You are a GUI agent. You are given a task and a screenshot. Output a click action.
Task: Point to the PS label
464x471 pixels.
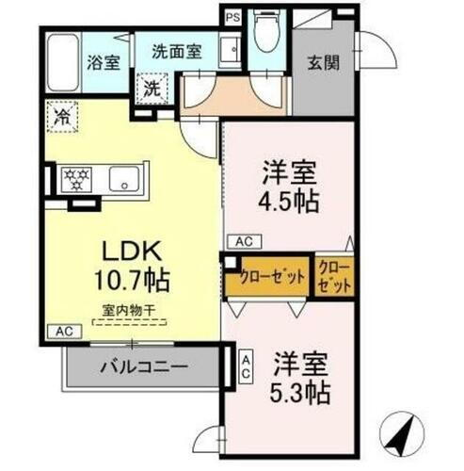232,16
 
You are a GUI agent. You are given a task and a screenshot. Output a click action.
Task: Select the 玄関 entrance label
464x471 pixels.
324,64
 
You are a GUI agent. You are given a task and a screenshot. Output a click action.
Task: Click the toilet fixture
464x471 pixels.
267,36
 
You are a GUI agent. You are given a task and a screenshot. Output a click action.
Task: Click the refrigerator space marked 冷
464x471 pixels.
59,119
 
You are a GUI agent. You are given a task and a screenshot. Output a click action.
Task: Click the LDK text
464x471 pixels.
131,252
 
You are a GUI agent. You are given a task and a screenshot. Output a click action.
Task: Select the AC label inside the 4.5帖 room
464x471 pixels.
244,240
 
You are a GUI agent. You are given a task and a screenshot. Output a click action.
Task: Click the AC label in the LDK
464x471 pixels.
63,331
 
